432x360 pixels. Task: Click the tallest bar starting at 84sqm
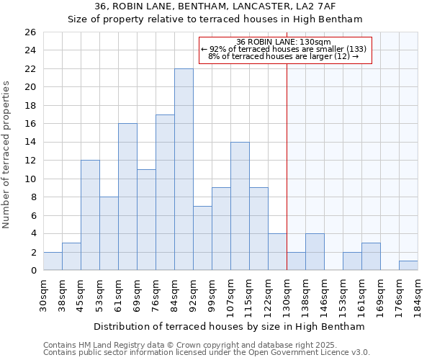tap(184, 169)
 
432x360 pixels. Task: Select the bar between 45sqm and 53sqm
tap(90, 215)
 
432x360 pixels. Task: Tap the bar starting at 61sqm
tap(127, 197)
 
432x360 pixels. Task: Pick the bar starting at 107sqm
tap(240, 206)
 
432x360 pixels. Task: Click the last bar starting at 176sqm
tap(408, 266)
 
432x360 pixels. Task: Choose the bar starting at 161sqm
tap(371, 257)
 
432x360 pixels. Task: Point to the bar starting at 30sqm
tap(53, 261)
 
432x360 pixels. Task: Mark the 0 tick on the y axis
tap(33, 271)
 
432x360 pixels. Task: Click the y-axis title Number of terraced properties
tap(6, 155)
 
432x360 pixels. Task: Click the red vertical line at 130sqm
tap(287, 180)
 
